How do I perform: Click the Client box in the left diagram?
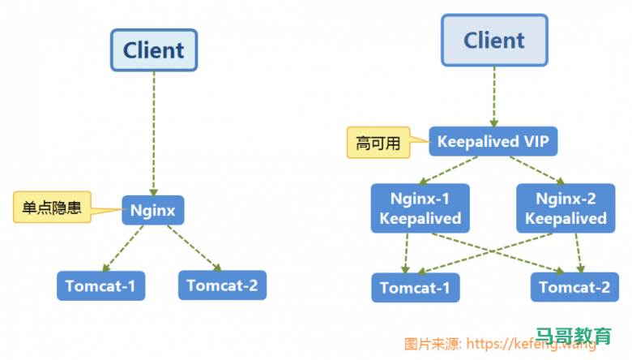(154, 50)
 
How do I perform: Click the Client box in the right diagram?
(493, 41)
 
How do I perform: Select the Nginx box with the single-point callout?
(153, 211)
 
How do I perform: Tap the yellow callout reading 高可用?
(378, 144)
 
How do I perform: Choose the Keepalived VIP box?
(493, 142)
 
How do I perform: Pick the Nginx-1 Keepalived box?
(420, 208)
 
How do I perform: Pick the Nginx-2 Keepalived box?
(565, 208)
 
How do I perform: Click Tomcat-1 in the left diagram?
(100, 285)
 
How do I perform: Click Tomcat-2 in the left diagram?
(222, 285)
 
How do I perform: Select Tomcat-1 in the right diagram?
(415, 288)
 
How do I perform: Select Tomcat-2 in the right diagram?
(574, 287)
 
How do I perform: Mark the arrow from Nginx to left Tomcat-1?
(123, 248)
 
